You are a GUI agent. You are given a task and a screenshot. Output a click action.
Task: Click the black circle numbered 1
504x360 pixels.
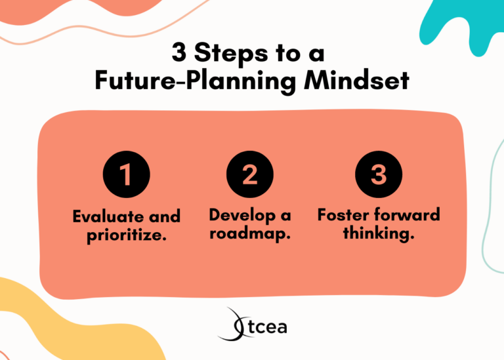[126, 174]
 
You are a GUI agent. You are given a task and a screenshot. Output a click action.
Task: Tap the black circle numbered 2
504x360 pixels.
[249, 174]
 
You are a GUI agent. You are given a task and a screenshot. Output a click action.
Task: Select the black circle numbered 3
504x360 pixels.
[378, 174]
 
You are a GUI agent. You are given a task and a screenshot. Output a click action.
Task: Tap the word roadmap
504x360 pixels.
[250, 233]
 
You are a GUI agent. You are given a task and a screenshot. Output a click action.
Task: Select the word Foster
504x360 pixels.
[342, 215]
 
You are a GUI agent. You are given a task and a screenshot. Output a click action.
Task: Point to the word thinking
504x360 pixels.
[379, 233]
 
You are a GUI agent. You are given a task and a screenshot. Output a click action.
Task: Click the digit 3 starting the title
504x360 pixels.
[178, 52]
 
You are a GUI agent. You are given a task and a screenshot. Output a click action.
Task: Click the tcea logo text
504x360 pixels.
[265, 326]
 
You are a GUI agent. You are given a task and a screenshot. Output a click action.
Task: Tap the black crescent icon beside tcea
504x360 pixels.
[233, 325]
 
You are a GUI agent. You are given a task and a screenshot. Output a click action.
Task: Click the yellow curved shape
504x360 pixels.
[39, 321]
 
